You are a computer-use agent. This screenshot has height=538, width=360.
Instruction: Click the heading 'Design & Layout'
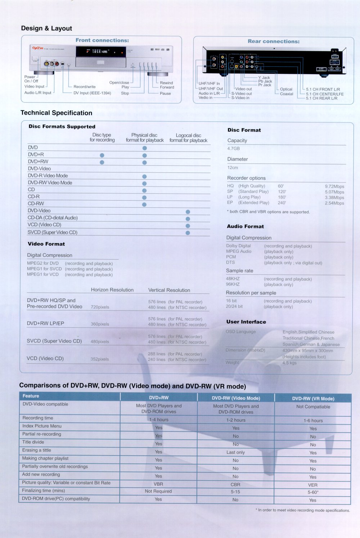46,28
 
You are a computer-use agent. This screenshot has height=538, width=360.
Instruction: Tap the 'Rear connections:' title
273,41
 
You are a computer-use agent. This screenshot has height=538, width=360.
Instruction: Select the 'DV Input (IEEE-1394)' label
92,93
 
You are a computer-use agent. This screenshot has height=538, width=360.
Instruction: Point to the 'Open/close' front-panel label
119,82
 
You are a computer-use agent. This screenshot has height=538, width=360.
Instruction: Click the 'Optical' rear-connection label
286,89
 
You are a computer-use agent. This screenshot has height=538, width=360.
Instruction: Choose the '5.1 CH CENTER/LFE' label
325,94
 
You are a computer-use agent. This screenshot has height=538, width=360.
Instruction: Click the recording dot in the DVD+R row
102,155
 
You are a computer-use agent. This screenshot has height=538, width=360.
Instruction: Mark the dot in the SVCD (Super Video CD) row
188,233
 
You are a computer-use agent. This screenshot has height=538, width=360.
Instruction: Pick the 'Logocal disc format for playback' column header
188,138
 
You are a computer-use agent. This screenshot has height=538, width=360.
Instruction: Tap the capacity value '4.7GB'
233,148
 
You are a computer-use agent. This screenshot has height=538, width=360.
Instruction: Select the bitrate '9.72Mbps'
334,187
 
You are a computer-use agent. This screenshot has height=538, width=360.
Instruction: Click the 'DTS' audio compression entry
230,263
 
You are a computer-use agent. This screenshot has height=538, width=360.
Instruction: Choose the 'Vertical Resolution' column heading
169,290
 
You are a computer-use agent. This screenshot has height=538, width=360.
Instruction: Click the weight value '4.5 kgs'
289,363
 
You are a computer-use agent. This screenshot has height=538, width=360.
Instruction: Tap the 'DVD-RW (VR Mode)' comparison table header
313,399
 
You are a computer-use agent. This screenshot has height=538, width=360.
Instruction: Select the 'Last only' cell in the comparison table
235,452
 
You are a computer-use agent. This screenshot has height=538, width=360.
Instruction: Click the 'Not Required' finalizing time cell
158,491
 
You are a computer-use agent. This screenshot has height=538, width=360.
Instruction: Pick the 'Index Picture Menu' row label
42,426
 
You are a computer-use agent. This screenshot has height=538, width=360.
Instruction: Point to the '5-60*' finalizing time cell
313,492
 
